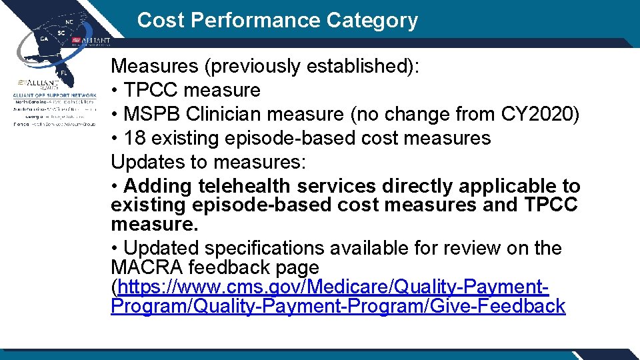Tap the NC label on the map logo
tap(69, 22)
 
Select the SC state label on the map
tap(61, 33)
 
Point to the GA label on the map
tap(45, 39)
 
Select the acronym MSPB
tap(155, 114)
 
